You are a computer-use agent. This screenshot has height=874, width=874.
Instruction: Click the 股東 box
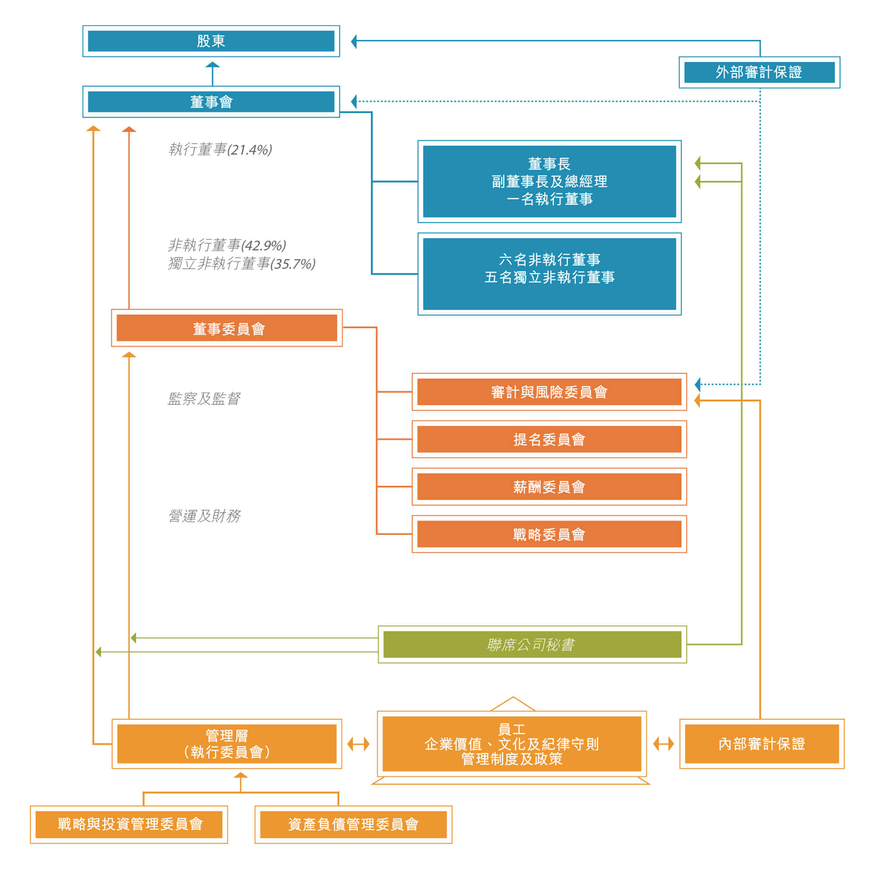click(x=211, y=41)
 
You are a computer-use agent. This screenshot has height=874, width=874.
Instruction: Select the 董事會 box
click(x=211, y=102)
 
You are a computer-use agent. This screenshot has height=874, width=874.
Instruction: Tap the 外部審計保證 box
click(x=759, y=73)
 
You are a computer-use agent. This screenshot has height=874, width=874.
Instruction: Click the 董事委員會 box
click(x=227, y=328)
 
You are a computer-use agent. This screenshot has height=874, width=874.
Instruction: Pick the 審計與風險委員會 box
click(x=549, y=392)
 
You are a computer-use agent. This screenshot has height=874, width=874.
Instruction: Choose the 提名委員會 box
click(x=549, y=439)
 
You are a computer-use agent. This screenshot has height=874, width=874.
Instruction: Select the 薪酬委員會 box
click(x=549, y=487)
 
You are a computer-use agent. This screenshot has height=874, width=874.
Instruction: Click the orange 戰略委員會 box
click(x=549, y=535)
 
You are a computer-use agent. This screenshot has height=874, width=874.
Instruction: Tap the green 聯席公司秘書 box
click(x=532, y=644)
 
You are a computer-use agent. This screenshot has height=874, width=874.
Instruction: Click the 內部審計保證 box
click(x=762, y=744)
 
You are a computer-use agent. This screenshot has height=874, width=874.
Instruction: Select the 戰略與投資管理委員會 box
click(x=129, y=824)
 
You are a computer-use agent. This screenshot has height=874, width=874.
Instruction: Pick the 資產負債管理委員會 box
click(x=353, y=824)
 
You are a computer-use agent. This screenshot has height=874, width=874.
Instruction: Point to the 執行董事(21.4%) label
click(x=220, y=150)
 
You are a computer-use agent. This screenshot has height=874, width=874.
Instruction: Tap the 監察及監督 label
click(x=204, y=399)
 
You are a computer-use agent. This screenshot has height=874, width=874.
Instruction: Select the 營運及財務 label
click(x=205, y=516)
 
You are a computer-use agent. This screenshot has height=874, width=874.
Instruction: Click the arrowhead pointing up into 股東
click(x=213, y=65)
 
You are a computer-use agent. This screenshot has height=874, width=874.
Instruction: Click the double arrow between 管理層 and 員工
click(x=358, y=744)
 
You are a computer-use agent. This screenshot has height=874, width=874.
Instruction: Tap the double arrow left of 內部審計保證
click(x=664, y=744)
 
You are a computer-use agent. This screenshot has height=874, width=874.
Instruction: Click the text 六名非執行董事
click(x=550, y=259)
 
